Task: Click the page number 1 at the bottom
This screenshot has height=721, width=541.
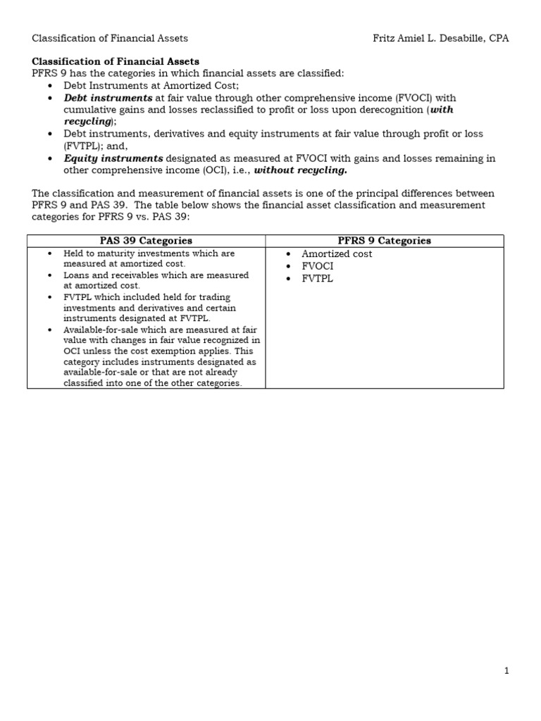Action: (506, 671)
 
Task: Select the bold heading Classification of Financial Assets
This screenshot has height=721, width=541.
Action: (116, 62)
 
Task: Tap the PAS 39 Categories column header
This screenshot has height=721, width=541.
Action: (146, 241)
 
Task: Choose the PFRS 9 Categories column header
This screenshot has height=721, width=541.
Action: (384, 241)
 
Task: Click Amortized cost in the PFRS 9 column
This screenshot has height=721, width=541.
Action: (337, 254)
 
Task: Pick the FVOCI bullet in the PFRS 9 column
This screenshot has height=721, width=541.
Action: (317, 266)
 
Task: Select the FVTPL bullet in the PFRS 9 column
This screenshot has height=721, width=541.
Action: (317, 279)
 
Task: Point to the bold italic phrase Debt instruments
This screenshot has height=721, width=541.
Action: (108, 98)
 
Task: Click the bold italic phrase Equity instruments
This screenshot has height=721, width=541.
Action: (113, 158)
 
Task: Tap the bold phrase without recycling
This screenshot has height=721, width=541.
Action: (301, 170)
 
